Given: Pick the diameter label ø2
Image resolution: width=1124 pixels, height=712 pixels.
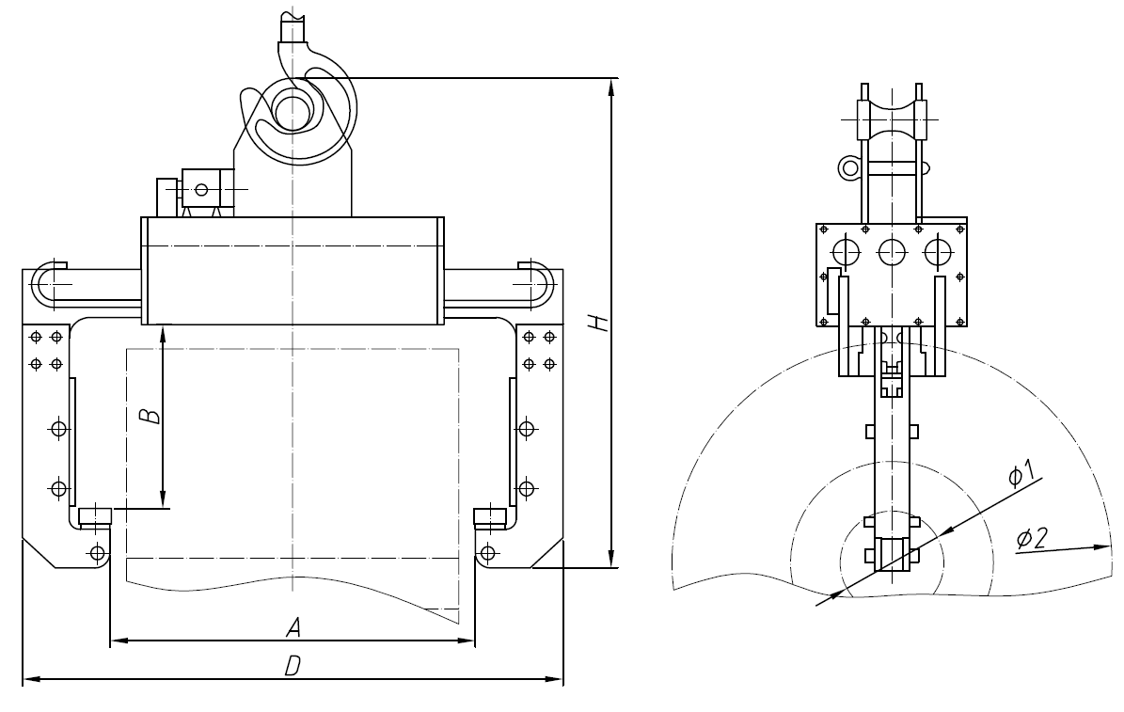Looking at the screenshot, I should [1034, 538].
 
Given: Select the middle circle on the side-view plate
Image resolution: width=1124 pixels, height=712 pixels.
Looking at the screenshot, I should [891, 251].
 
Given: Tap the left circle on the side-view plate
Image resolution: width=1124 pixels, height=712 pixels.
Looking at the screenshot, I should [846, 251].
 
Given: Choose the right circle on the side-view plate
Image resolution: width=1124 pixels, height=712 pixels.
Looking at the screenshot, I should [937, 251].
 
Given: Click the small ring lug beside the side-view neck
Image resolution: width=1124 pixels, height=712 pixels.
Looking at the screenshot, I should [849, 167].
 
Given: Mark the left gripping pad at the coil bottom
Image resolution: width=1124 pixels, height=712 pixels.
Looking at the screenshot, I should [94, 515].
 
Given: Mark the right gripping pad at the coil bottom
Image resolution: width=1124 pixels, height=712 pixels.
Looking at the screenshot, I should [489, 515].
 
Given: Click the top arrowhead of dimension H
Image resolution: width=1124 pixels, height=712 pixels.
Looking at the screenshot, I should [612, 86].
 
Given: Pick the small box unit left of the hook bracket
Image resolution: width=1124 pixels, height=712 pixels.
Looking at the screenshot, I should [201, 188].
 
